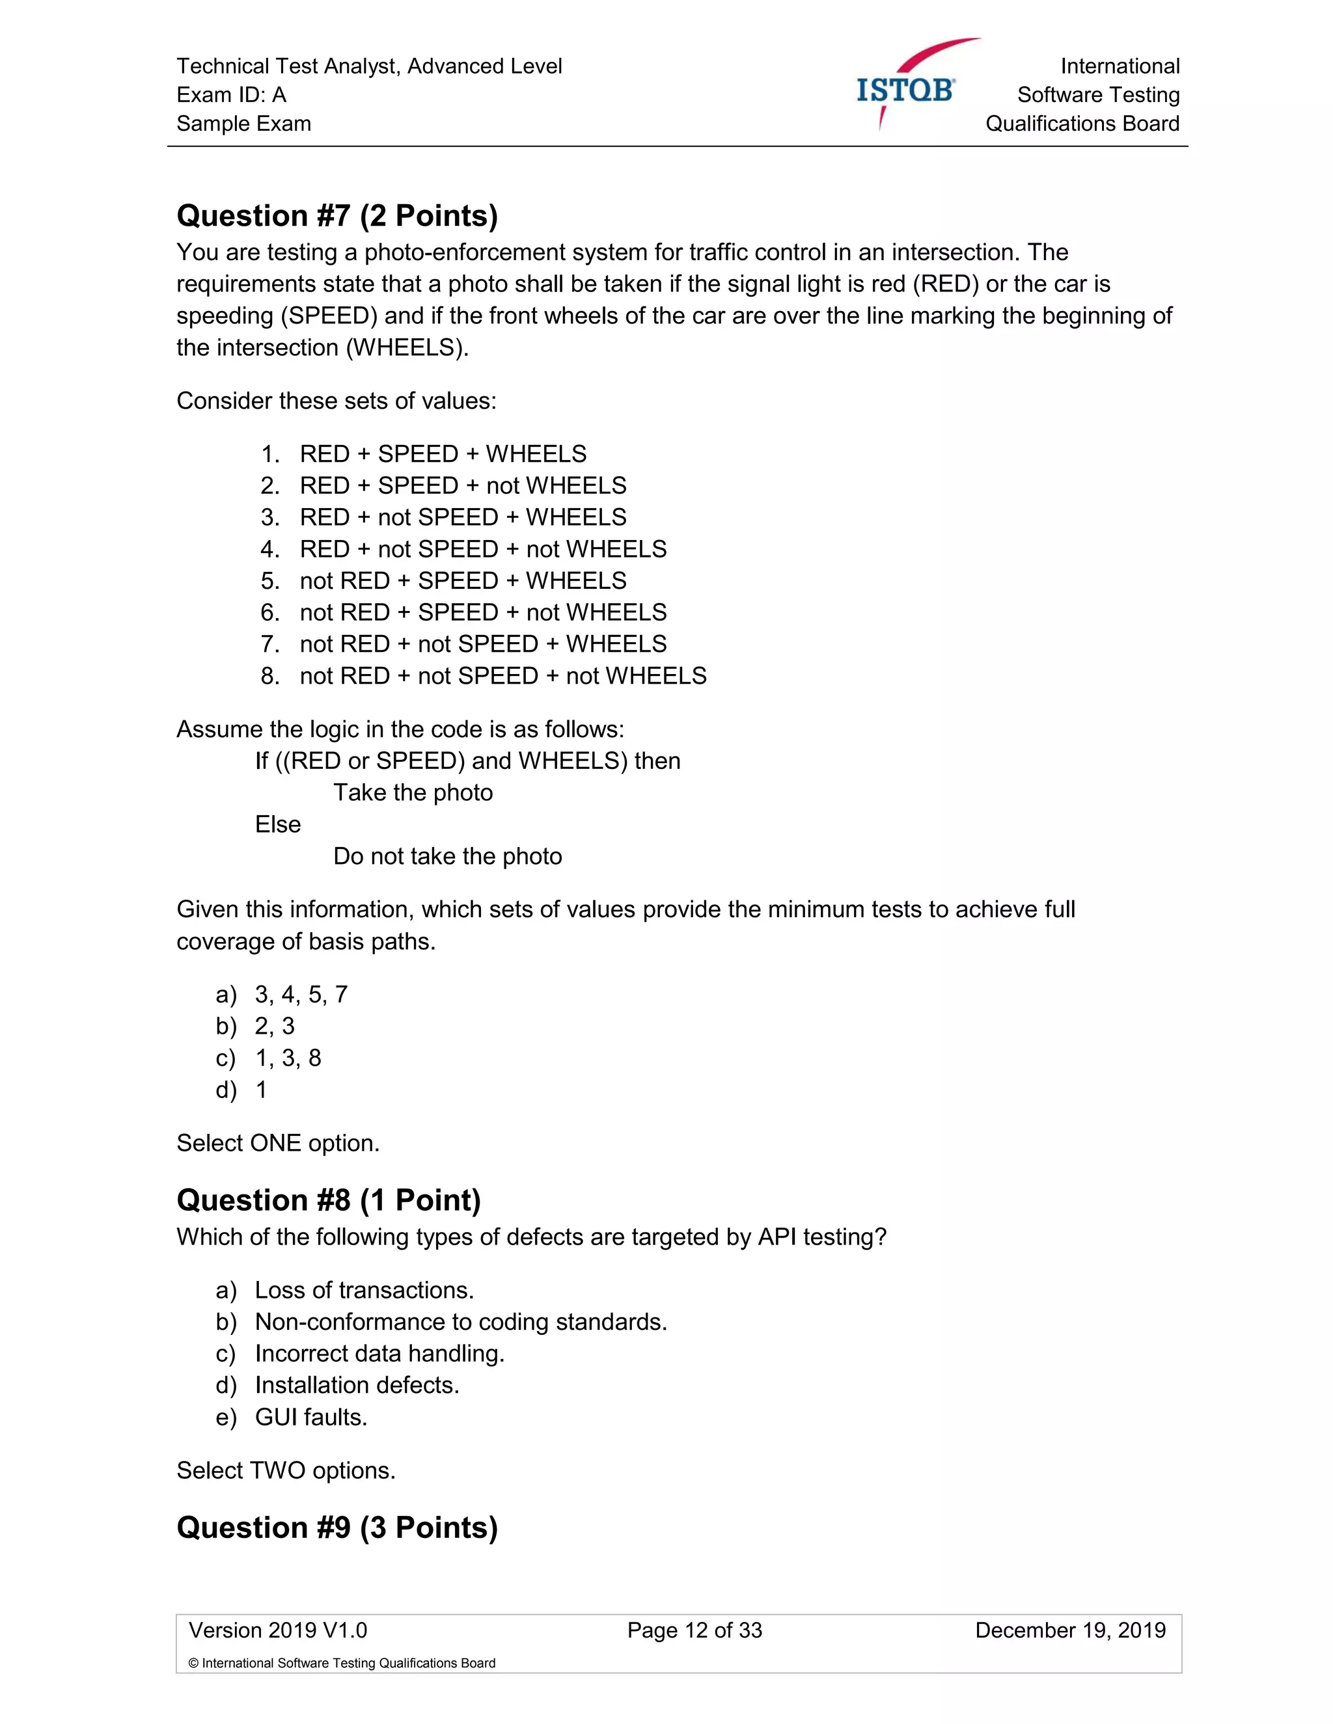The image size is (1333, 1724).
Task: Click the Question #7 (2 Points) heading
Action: click(337, 215)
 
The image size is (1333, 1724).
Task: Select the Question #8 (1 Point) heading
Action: click(329, 1200)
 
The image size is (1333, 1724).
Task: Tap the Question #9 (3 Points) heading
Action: click(337, 1528)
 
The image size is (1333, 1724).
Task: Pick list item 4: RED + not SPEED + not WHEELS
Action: click(482, 548)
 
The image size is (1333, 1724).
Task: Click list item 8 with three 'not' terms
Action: click(502, 676)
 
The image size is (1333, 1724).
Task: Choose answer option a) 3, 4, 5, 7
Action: click(300, 995)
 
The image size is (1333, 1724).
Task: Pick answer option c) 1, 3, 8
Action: click(288, 1058)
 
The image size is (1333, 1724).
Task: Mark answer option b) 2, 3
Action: click(274, 1026)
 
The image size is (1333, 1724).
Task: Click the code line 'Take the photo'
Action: click(413, 792)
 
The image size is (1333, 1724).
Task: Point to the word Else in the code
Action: click(278, 824)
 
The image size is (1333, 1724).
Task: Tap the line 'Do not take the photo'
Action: click(447, 857)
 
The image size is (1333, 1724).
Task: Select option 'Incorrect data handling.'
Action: click(379, 1354)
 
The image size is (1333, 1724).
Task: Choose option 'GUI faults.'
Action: click(311, 1417)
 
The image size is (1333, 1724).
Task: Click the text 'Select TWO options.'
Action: click(286, 1471)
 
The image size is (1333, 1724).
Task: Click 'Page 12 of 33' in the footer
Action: click(694, 1630)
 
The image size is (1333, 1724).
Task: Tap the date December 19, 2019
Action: click(1070, 1630)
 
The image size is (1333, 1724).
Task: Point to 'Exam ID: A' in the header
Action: click(231, 95)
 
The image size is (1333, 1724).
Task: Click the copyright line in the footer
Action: click(342, 1663)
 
